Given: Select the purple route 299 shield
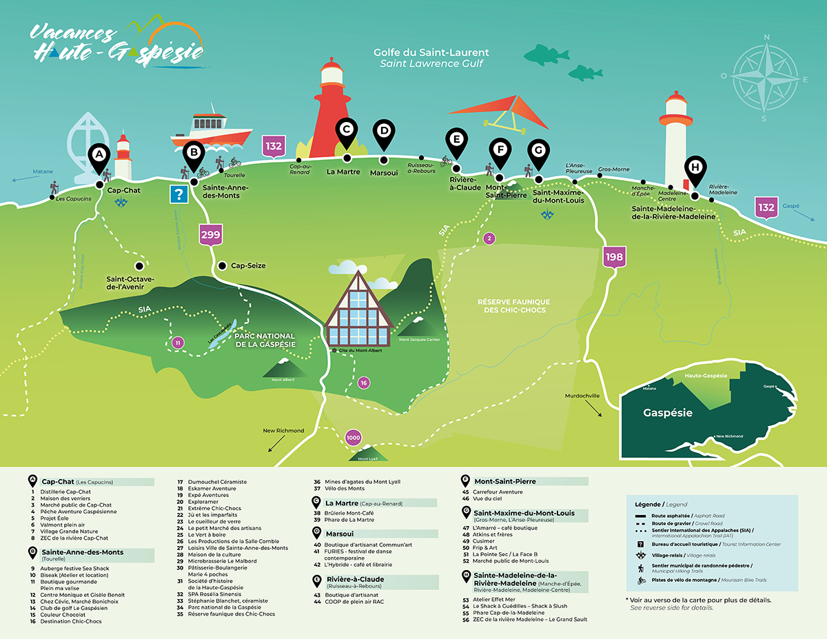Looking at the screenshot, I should pyautogui.click(x=210, y=235).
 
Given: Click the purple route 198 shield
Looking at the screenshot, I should pyautogui.click(x=614, y=257).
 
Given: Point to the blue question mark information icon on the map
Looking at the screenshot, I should pyautogui.click(x=180, y=194).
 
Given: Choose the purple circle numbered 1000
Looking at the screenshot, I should pyautogui.click(x=354, y=438).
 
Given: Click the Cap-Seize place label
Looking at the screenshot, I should pyautogui.click(x=248, y=265).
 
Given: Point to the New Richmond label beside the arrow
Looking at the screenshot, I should pyautogui.click(x=283, y=431).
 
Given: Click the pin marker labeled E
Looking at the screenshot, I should pyautogui.click(x=455, y=141).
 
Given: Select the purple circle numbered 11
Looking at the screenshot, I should pyautogui.click(x=178, y=343).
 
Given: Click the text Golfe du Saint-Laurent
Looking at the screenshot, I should pyautogui.click(x=431, y=52).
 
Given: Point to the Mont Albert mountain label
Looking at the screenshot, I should pyautogui.click(x=283, y=380).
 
